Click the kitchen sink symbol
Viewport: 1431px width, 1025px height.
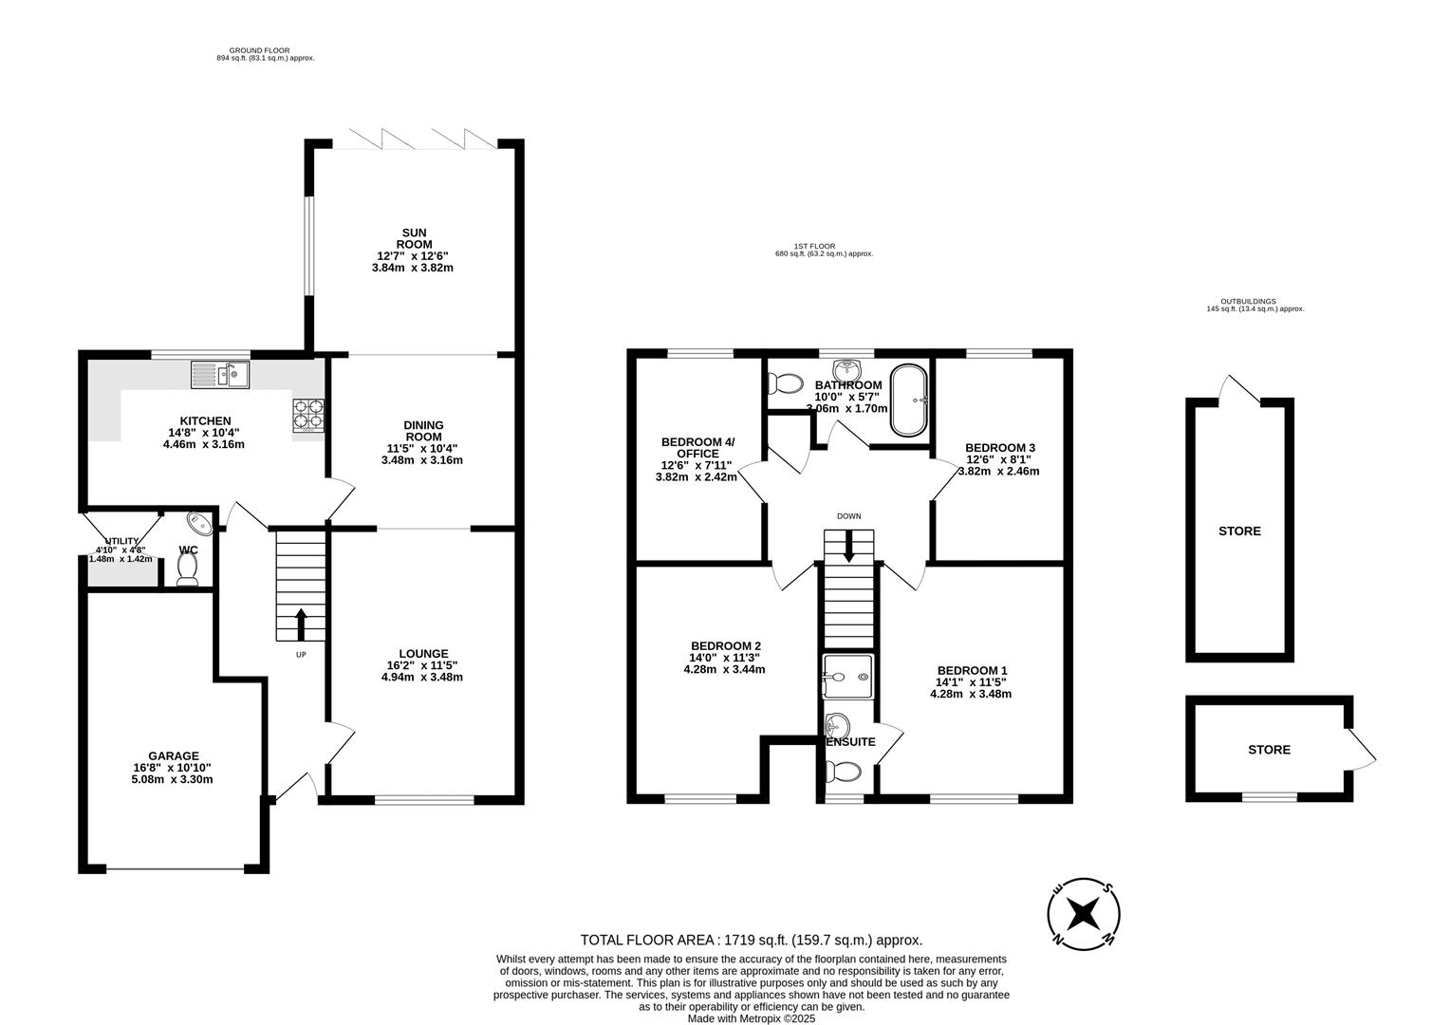pos(219,375)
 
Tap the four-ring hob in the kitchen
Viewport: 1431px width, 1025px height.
pos(309,415)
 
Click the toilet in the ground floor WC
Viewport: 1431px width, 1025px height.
pos(187,568)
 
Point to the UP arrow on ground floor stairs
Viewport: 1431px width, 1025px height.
pos(302,624)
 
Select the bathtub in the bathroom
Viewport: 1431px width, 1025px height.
pos(909,400)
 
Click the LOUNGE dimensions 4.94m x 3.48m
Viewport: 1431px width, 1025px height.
pos(422,677)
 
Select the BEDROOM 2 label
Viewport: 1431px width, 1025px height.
pos(725,645)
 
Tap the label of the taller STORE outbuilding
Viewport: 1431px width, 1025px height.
pos(1239,531)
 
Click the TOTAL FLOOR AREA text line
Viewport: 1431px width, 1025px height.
pos(751,941)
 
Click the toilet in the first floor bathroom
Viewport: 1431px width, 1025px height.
pos(784,383)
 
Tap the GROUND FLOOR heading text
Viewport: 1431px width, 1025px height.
pos(259,50)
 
